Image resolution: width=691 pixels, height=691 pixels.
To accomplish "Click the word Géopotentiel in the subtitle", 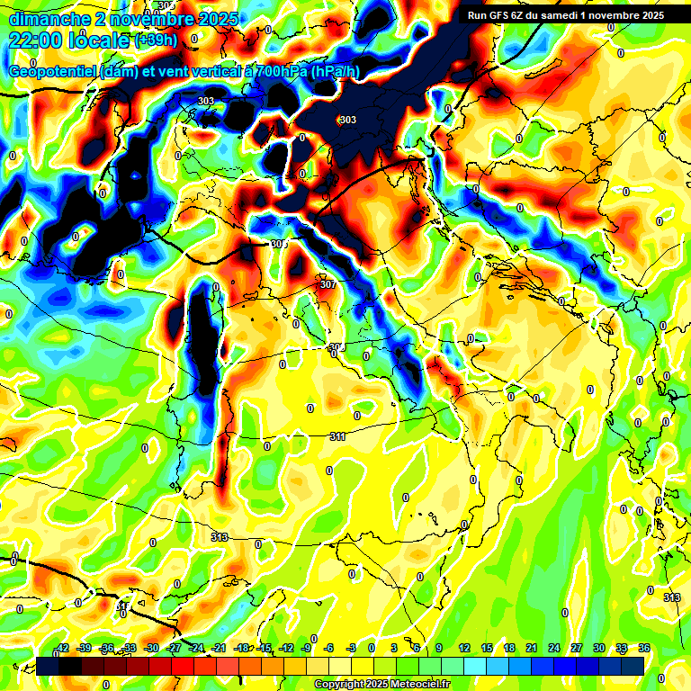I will (49, 72).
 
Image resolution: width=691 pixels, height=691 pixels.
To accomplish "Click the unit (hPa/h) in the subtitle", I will (335, 72).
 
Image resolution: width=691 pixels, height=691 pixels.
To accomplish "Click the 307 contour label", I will (328, 284).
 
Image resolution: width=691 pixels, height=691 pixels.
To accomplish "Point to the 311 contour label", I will (337, 436).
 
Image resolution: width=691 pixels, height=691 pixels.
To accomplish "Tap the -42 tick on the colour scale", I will (62, 648).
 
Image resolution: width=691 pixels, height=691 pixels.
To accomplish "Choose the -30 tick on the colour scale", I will (151, 648).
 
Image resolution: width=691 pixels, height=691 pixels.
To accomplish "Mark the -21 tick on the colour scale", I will (219, 648).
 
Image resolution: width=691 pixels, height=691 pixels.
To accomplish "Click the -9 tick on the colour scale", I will (306, 648).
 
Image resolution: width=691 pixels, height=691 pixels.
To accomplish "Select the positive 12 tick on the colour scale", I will (463, 648).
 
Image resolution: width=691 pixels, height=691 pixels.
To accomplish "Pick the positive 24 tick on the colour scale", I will (553, 648).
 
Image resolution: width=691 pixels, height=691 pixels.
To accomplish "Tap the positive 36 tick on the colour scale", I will (644, 648).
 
